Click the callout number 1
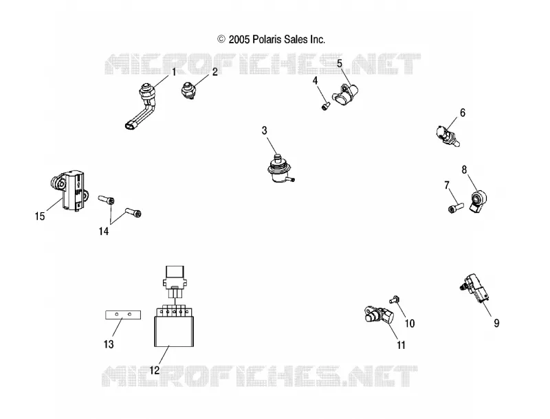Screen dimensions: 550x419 point(174,72)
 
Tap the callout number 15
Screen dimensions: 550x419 point(40,216)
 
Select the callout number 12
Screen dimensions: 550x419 point(155,370)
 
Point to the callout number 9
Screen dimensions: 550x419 point(496,323)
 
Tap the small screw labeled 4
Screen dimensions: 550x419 point(325,106)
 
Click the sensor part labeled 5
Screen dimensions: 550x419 point(345,94)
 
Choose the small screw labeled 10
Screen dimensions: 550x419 point(394,299)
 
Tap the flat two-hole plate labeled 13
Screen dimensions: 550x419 point(123,315)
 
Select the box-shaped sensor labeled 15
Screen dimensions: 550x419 point(69,190)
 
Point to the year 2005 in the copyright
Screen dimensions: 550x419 point(239,40)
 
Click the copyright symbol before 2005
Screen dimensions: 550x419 point(221,39)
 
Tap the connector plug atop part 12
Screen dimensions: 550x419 point(175,282)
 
